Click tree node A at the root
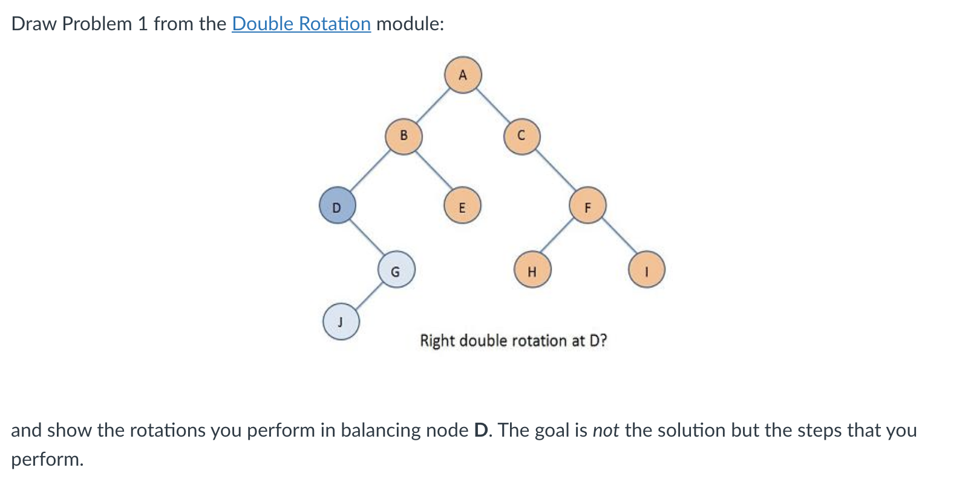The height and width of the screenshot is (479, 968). click(463, 75)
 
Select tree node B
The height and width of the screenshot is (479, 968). click(404, 136)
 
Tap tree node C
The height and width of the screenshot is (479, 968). click(522, 136)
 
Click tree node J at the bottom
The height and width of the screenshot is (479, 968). click(341, 321)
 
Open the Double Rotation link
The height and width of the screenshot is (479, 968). click(301, 24)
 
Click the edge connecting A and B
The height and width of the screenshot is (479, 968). click(433, 106)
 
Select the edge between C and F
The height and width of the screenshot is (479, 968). click(555, 171)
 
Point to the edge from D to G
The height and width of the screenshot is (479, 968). click(367, 238)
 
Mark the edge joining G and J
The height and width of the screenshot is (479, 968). click(368, 296)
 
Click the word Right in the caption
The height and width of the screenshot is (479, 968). click(437, 341)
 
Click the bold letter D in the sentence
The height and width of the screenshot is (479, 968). click(482, 430)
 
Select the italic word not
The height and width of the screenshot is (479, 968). click(606, 430)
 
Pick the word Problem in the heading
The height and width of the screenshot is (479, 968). click(97, 24)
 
